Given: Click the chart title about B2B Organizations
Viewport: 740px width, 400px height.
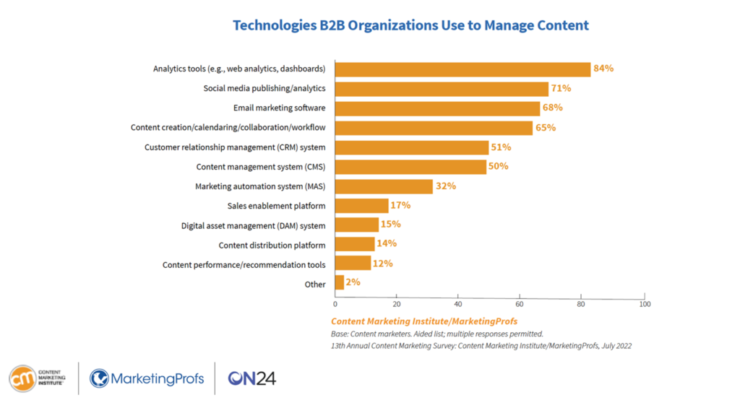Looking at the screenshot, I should pos(410,25).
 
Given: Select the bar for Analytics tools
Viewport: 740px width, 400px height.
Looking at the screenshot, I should pos(462,69).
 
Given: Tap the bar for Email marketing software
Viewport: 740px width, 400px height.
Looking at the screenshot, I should pos(437,108).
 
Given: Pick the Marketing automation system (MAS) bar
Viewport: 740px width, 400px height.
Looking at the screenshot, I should pos(384,186).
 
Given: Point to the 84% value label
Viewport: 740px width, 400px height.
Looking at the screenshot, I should pos(603,69).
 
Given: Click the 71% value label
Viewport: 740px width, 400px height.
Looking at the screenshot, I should pos(561,88).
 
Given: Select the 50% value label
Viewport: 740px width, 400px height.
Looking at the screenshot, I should pos(499,166).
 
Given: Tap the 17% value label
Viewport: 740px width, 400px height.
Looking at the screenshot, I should pos(400,205).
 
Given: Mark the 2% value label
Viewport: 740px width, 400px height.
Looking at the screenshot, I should pos(353,282).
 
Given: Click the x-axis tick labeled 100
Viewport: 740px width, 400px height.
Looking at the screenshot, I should pos(645,305).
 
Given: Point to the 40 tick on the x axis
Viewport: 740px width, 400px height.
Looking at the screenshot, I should pos(458,305).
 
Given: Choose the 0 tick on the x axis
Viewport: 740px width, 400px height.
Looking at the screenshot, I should pos(335,305).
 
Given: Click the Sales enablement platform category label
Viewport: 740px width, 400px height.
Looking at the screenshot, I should pos(276,206).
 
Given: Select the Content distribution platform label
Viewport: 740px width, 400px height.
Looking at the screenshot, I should pos(272,245).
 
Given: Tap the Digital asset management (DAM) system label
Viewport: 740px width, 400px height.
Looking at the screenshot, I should pos(253,225).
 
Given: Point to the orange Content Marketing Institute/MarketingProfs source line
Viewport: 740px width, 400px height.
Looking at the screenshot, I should pos(423,321).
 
